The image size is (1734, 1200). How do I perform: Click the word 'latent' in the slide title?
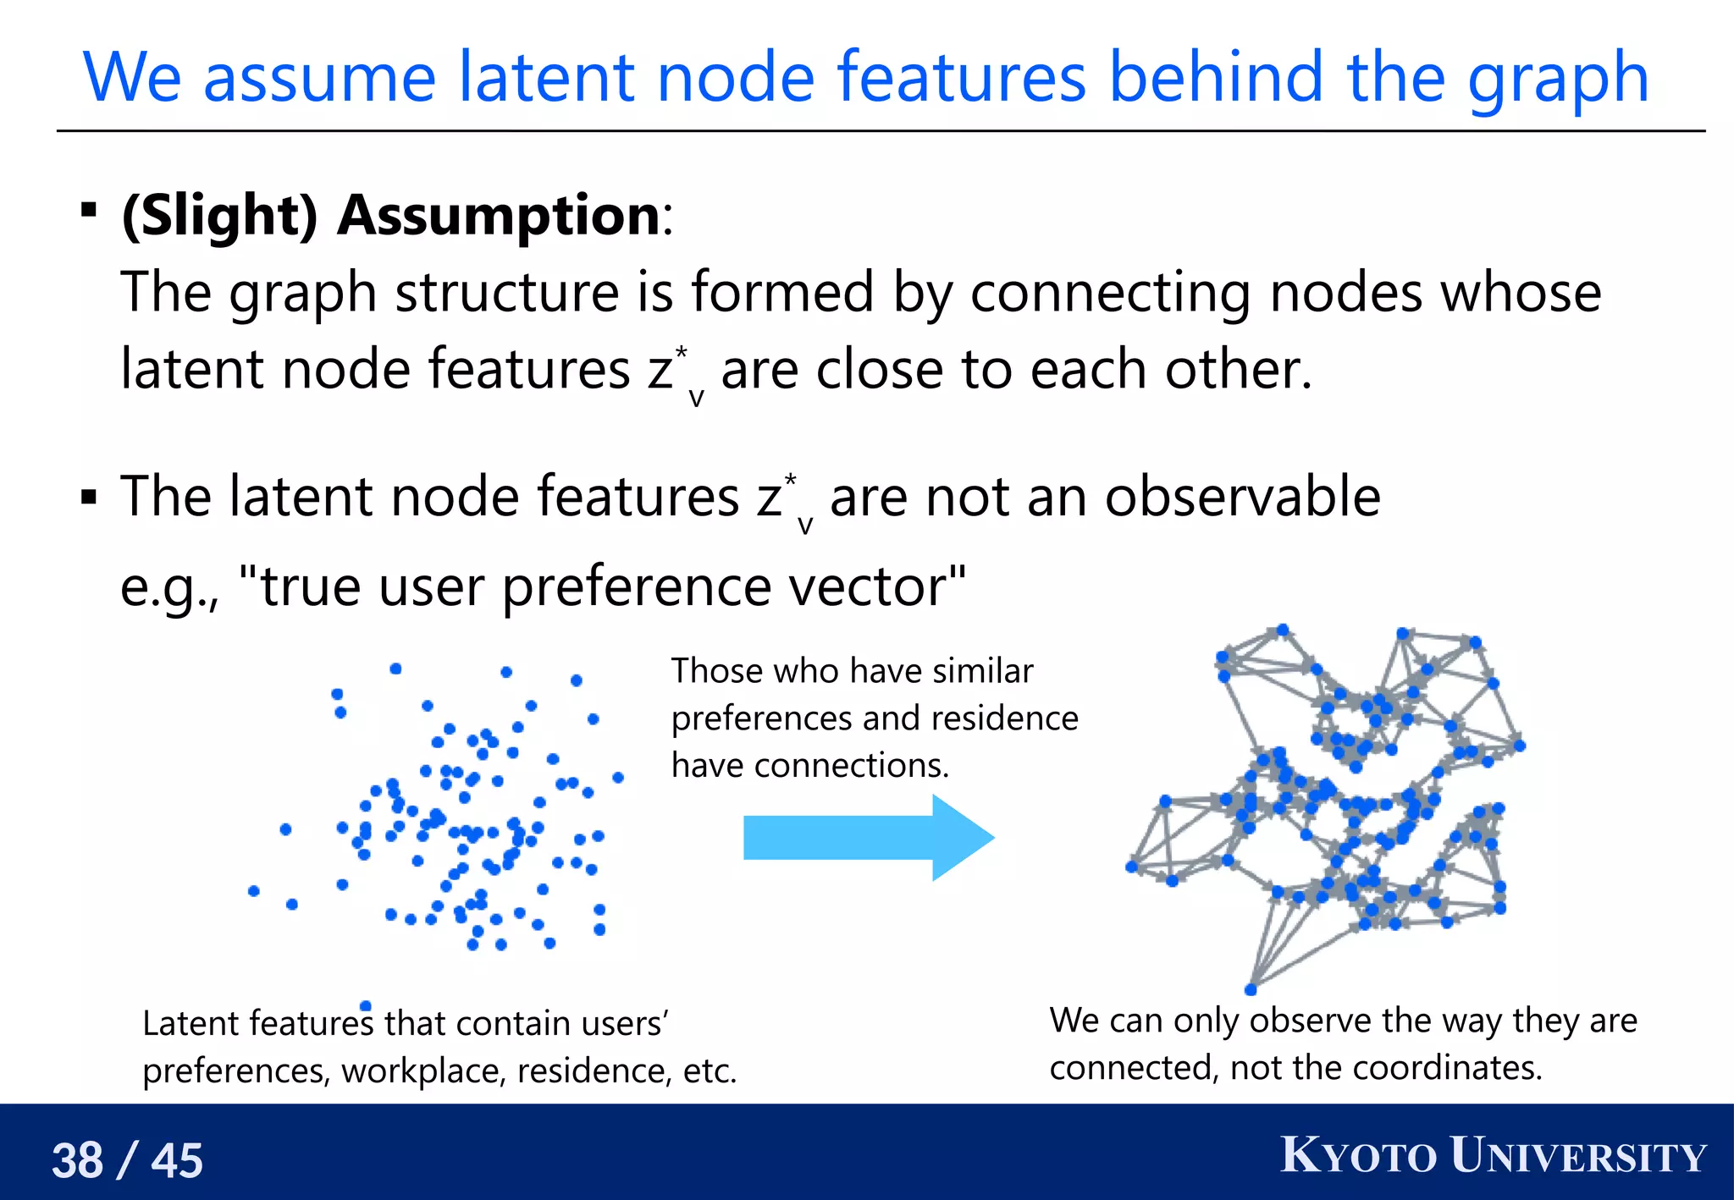[545, 78]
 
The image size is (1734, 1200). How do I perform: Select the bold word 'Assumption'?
[498, 215]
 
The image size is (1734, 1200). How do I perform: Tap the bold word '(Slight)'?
[220, 215]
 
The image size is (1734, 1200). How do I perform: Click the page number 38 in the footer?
[78, 1159]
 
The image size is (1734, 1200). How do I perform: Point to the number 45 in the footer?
[177, 1159]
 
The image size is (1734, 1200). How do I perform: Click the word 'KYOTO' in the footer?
[1358, 1156]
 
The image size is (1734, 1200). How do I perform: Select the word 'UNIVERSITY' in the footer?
[1578, 1156]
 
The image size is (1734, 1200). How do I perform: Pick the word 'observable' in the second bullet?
[1243, 497]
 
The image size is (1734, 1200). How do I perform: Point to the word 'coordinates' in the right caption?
[1446, 1068]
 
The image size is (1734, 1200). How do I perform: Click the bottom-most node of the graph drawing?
[1251, 989]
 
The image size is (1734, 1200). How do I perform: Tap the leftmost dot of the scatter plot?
[253, 890]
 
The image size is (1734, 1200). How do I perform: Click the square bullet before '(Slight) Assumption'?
[88, 209]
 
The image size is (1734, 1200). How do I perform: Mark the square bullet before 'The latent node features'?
[88, 497]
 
